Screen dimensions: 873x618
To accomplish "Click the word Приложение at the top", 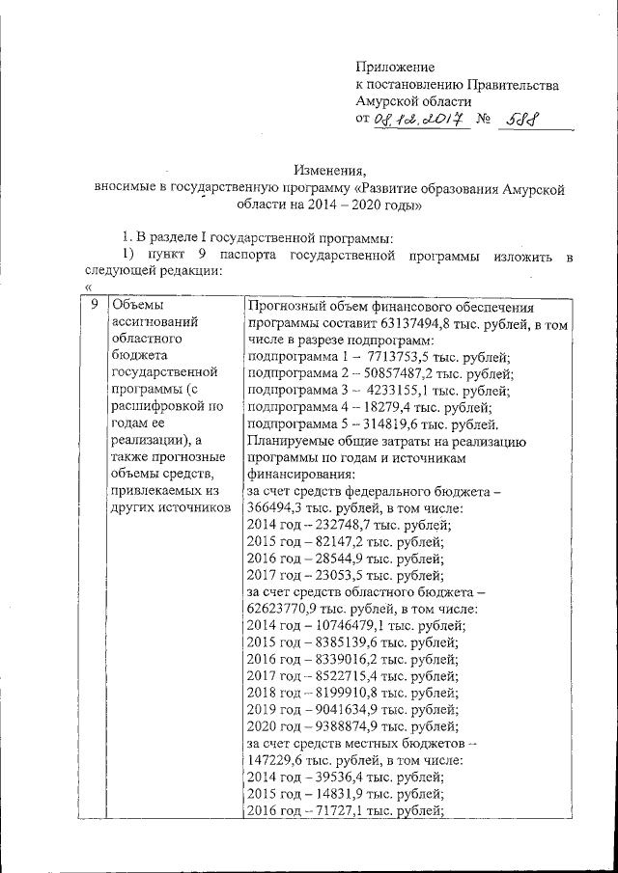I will [396, 68].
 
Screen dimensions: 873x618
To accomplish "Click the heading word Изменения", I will [327, 170].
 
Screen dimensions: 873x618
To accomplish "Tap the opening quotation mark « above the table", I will [88, 287].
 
